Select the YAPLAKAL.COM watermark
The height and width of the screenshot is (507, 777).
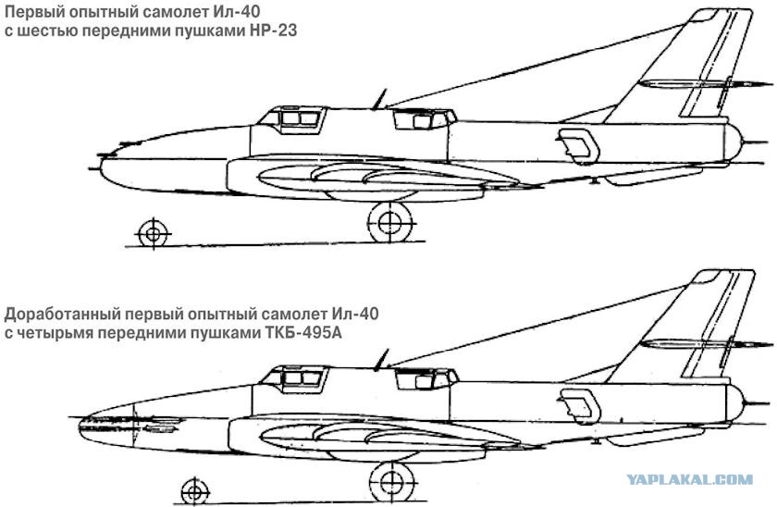point(689,479)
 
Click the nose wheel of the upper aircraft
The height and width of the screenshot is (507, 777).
point(154,233)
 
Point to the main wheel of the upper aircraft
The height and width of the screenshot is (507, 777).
point(390,223)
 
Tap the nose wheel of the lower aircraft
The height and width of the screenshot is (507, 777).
point(195,491)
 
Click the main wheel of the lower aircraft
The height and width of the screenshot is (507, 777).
point(392,481)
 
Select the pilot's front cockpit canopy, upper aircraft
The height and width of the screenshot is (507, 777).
point(292,119)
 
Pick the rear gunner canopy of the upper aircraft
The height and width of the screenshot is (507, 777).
point(425,119)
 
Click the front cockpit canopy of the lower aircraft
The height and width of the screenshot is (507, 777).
point(295,378)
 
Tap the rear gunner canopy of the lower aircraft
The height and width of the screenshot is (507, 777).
point(426,378)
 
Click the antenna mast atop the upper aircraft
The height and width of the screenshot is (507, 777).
point(379,99)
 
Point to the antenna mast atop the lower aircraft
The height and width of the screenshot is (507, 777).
point(381,360)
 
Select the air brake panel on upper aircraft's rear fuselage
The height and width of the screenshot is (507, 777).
point(578,146)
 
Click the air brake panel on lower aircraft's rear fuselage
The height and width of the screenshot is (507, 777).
point(580,406)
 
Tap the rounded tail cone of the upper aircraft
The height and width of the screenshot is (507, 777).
point(733,142)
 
